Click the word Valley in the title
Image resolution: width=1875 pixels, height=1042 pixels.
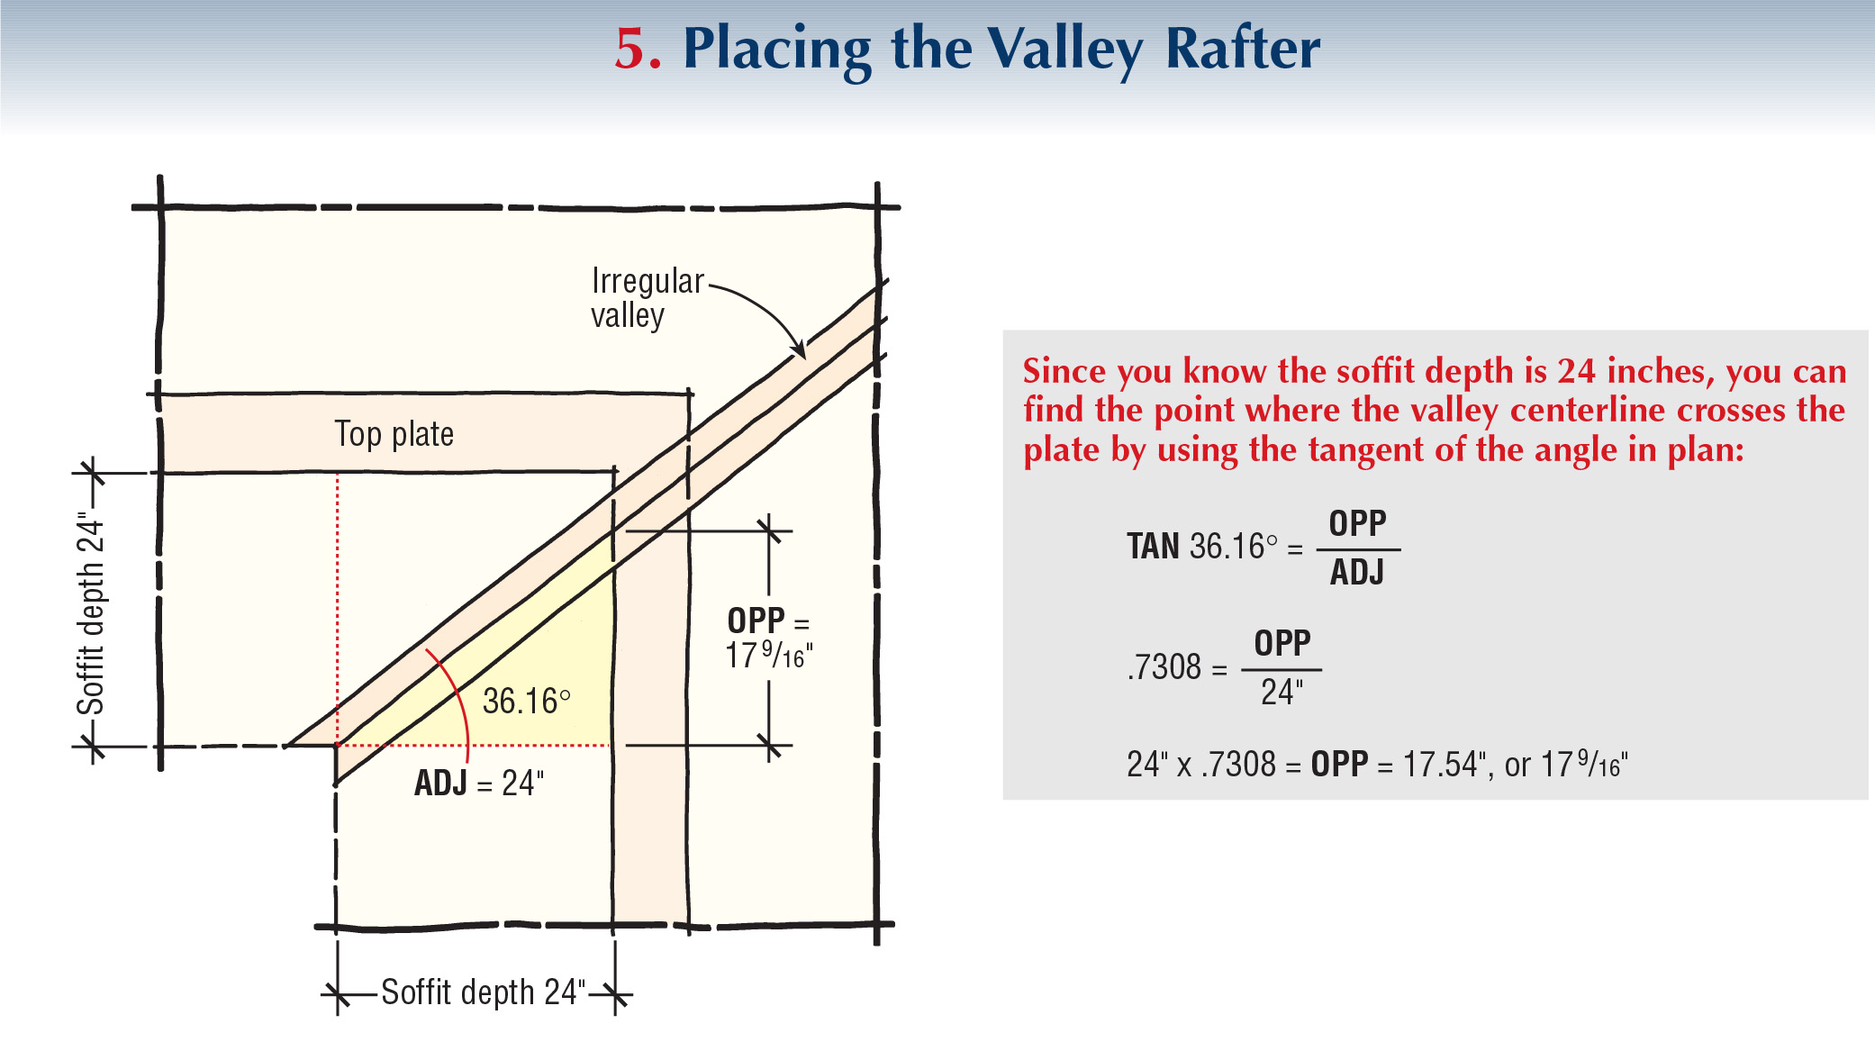[x=1065, y=50]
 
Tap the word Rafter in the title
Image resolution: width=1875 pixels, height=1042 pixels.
[x=1243, y=49]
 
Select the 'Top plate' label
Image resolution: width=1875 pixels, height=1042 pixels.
[x=394, y=434]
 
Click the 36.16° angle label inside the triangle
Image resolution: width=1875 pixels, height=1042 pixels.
[x=526, y=702]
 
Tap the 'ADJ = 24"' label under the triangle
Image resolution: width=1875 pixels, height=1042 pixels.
[x=479, y=783]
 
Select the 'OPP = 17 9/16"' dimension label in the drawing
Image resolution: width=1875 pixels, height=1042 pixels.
[x=768, y=638]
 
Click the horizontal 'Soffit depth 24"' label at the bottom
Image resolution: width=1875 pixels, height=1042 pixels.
[x=483, y=992]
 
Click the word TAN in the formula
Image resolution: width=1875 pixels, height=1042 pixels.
[x=1153, y=547]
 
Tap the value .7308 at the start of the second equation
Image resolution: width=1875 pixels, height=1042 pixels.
[x=1164, y=667]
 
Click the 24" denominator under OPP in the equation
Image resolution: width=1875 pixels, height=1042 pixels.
[x=1282, y=693]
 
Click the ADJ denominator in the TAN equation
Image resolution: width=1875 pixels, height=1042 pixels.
[x=1357, y=573]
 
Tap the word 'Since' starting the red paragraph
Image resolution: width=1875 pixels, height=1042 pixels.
[x=1064, y=371]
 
